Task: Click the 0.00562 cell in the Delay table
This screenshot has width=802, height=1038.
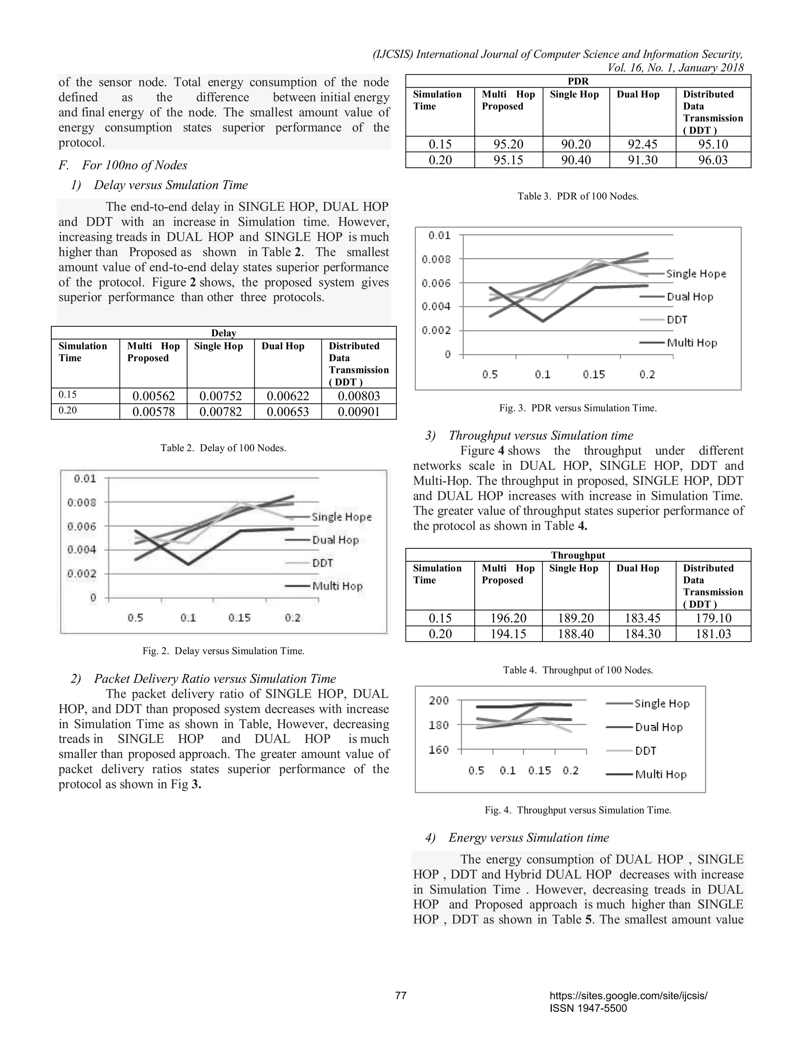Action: tap(154, 396)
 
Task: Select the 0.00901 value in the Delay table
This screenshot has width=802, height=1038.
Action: tap(359, 412)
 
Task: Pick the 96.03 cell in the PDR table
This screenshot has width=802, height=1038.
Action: tap(713, 160)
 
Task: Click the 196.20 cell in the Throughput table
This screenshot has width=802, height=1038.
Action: tap(508, 618)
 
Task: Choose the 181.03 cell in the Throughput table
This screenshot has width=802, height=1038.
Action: tap(713, 633)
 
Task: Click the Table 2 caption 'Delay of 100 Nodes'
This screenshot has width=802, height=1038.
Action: tap(223, 448)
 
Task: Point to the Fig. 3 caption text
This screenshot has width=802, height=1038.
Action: tap(578, 408)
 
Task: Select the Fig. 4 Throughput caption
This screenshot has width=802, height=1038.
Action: tap(578, 810)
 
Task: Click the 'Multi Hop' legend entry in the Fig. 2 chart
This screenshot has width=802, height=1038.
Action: tap(337, 586)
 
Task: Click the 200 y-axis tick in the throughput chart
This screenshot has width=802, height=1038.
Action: tap(439, 701)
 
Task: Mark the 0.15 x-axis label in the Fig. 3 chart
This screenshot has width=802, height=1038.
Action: tap(594, 374)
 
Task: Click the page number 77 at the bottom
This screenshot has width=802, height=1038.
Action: tap(401, 995)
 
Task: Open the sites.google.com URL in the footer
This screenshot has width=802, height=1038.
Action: tap(628, 995)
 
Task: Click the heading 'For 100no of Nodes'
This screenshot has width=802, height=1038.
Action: tap(134, 165)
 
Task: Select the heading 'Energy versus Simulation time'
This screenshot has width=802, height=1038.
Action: tap(528, 838)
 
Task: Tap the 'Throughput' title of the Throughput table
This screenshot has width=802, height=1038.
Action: tap(578, 555)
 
